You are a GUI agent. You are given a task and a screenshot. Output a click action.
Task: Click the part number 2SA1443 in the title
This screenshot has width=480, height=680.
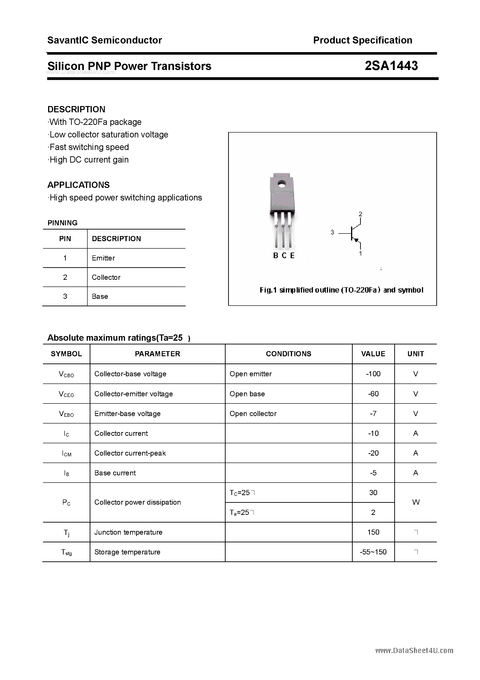(391, 66)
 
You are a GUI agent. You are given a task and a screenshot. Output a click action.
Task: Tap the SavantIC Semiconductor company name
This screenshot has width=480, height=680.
(105, 40)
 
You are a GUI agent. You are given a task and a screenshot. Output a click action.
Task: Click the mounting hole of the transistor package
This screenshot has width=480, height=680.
(281, 184)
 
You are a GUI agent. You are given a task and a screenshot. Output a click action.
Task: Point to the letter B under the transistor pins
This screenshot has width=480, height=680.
(276, 256)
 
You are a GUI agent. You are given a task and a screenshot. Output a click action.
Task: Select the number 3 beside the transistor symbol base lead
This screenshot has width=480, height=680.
(332, 233)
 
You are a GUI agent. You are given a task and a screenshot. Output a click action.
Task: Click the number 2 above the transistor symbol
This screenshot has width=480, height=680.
(360, 214)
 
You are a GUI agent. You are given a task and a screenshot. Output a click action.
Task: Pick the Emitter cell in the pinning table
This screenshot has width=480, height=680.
(103, 258)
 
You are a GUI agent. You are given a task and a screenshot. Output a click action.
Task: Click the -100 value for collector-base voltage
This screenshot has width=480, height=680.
(373, 374)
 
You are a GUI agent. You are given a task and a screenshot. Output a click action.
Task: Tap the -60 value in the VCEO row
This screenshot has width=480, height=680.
(373, 394)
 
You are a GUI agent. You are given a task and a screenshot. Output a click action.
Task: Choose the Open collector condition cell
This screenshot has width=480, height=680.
(253, 414)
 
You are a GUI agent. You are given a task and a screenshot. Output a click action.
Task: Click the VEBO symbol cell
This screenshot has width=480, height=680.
(66, 414)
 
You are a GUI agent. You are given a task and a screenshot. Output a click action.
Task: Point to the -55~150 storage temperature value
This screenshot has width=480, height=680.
(373, 552)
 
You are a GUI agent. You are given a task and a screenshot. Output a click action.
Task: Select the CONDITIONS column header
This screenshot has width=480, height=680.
(288, 354)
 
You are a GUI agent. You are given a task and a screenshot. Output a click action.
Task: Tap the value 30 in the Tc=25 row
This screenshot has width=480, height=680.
(373, 493)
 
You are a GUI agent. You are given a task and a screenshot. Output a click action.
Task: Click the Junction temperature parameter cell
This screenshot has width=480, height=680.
(128, 532)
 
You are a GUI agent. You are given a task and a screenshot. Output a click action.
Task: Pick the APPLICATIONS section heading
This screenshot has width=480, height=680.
(79, 185)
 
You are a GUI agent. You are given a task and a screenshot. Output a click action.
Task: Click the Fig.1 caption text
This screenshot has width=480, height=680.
(341, 290)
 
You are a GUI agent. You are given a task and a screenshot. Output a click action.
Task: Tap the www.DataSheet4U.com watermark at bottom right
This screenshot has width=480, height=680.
(414, 651)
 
